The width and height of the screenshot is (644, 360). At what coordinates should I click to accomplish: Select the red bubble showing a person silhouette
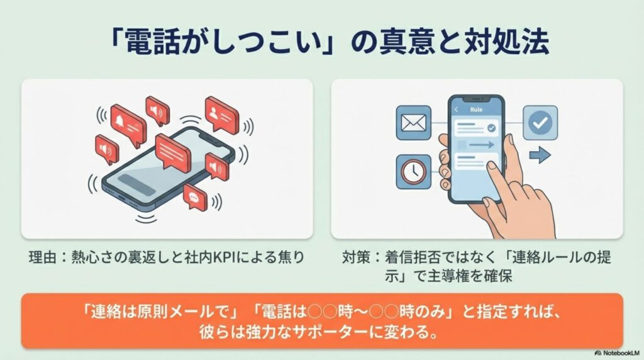pos(221,113)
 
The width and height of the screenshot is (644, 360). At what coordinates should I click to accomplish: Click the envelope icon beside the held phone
pos(413,122)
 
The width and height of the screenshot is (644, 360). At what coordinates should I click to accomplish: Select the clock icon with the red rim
pos(413,172)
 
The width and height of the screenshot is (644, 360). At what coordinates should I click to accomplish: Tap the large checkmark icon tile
pos(540,122)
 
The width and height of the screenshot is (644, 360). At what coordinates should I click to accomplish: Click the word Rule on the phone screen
pos(476,110)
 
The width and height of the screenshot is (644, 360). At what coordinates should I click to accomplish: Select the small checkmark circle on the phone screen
pos(491,128)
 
